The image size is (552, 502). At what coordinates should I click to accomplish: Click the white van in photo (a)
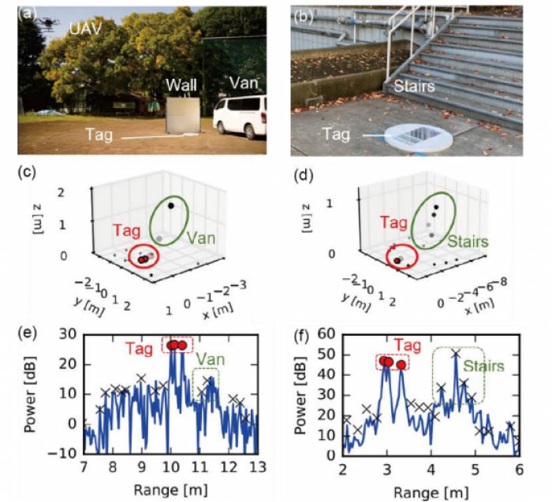pyautogui.click(x=241, y=117)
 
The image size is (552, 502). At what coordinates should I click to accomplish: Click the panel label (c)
pyautogui.click(x=29, y=170)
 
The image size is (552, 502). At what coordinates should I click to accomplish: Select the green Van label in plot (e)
pyautogui.click(x=207, y=359)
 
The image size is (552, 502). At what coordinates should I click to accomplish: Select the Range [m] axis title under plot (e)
pyautogui.click(x=170, y=489)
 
